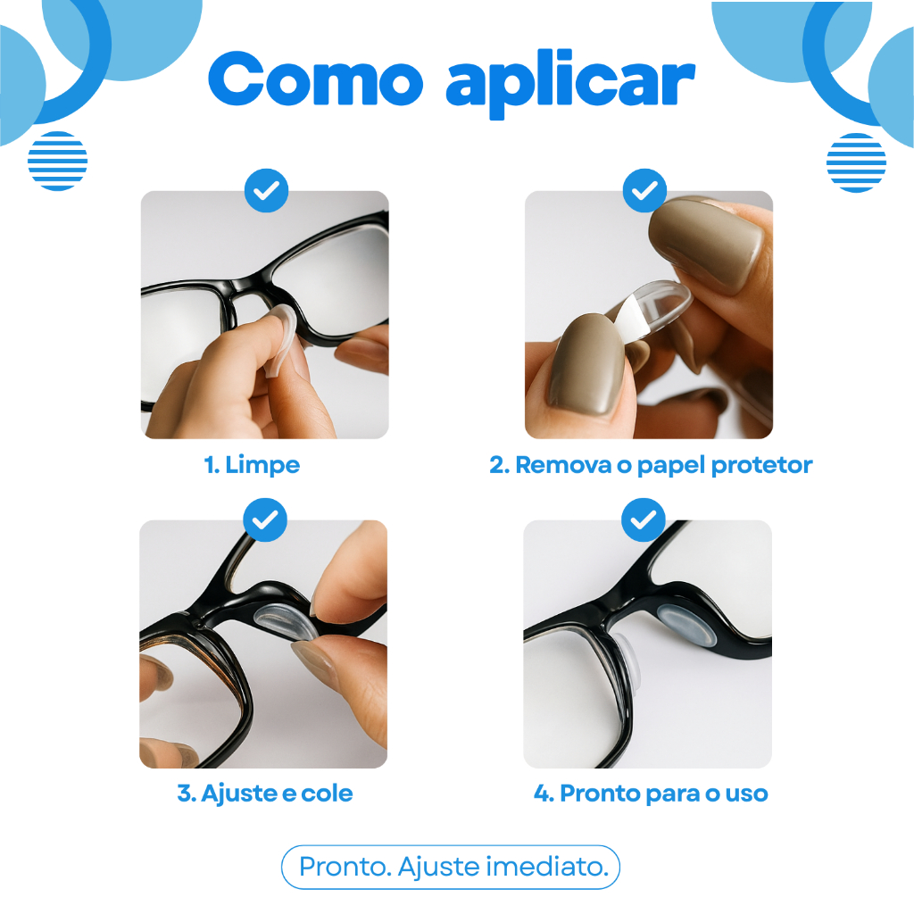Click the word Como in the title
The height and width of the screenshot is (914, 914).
pyautogui.click(x=315, y=79)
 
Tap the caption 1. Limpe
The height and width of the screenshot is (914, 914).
pyautogui.click(x=252, y=465)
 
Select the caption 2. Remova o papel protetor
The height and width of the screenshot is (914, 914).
pyautogui.click(x=651, y=465)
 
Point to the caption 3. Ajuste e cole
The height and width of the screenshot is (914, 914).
pyautogui.click(x=264, y=794)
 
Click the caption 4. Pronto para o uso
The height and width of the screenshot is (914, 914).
pyautogui.click(x=651, y=794)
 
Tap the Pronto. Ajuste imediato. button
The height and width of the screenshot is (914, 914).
pyautogui.click(x=451, y=867)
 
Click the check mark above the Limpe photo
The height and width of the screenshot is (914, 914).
pyautogui.click(x=266, y=191)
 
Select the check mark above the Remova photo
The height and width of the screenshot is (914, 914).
pyautogui.click(x=644, y=191)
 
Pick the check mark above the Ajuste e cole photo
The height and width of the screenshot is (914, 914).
pyautogui.click(x=265, y=520)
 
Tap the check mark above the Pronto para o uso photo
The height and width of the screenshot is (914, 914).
pyautogui.click(x=644, y=520)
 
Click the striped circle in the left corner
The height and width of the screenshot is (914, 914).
pyautogui.click(x=58, y=161)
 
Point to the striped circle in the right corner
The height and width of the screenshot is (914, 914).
pyautogui.click(x=856, y=162)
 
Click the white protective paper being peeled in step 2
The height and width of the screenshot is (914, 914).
pyautogui.click(x=629, y=321)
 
